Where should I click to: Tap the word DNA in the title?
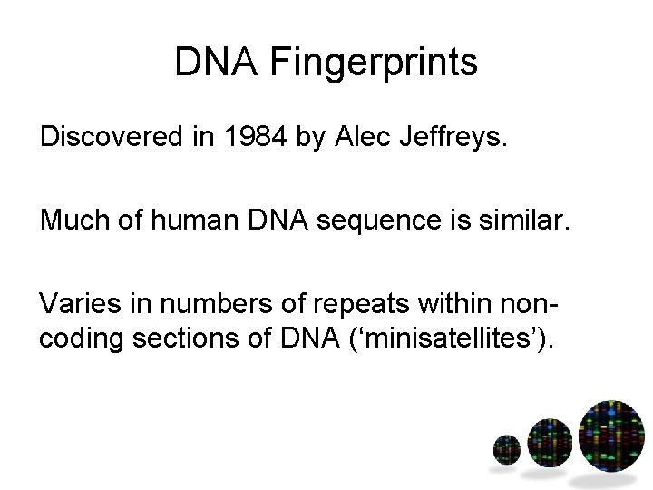click(208, 64)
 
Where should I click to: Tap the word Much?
click(69, 221)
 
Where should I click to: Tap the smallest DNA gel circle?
click(506, 448)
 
